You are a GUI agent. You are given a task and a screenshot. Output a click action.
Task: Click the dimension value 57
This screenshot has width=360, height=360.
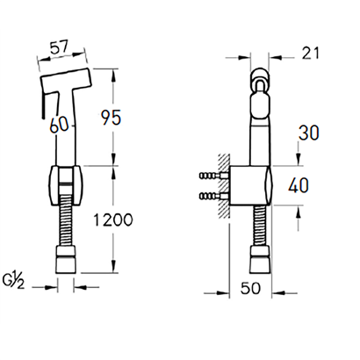click(59, 47)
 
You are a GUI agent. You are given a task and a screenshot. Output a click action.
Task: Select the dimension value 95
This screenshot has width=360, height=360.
click(111, 118)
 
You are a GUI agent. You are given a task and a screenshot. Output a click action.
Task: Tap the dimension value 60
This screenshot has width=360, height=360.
click(59, 125)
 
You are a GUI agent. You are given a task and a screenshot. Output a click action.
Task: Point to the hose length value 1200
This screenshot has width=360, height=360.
click(112, 220)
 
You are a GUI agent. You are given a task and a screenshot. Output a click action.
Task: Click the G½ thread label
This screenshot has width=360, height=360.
click(13, 282)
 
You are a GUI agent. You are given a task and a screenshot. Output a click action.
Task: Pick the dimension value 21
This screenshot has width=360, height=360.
click(311, 54)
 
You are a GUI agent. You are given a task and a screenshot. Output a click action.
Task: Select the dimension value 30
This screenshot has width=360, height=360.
click(308, 133)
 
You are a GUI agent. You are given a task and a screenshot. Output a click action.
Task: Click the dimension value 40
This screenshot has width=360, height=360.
click(299, 185)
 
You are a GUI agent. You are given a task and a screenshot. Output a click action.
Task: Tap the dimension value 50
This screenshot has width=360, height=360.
click(250, 288)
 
